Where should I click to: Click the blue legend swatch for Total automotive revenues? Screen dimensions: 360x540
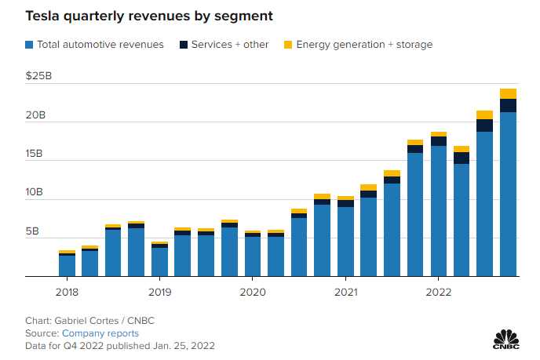point(31,45)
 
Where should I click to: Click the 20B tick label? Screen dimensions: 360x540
point(36,116)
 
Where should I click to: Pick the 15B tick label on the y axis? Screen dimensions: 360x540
point(36,155)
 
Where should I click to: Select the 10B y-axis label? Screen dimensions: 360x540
point(36,193)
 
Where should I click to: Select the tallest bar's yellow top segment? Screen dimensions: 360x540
point(508,93)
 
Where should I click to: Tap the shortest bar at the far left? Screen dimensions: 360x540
point(67,265)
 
